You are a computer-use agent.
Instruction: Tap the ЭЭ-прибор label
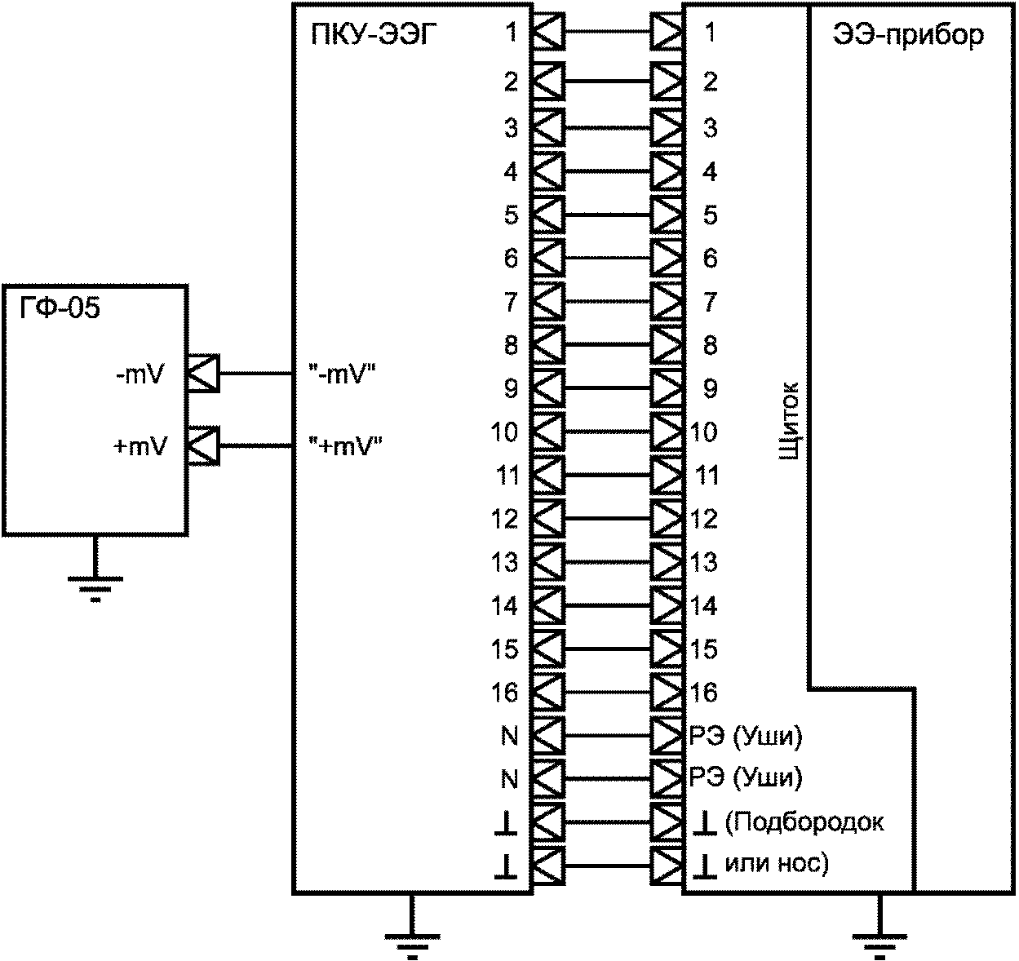(909, 36)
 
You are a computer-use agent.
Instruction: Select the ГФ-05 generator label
(60, 308)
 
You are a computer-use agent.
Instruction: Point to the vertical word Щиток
(789, 420)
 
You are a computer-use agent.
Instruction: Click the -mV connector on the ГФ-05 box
(202, 373)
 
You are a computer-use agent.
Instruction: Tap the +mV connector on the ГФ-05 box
(202, 446)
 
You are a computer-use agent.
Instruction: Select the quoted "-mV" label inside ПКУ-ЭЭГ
(342, 375)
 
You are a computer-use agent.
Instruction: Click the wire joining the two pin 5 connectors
(608, 215)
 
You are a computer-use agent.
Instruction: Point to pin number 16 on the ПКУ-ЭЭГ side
(505, 692)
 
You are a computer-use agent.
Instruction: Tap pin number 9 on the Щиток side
(710, 388)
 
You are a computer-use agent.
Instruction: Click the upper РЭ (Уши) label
(745, 737)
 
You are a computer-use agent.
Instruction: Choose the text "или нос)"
(777, 865)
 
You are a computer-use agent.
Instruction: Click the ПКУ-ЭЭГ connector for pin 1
(549, 32)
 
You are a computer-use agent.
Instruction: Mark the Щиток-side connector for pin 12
(667, 519)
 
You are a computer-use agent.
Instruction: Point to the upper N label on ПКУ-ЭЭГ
(509, 737)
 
